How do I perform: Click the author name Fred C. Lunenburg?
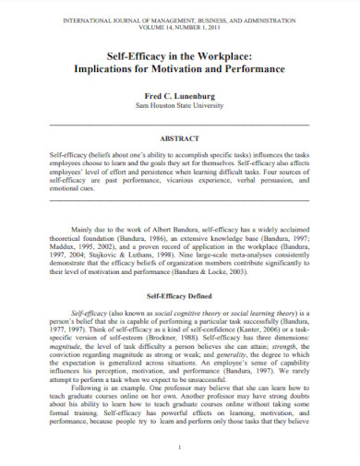[x=180, y=95]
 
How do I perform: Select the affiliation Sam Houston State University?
[x=180, y=106]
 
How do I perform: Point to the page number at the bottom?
[x=180, y=445]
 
